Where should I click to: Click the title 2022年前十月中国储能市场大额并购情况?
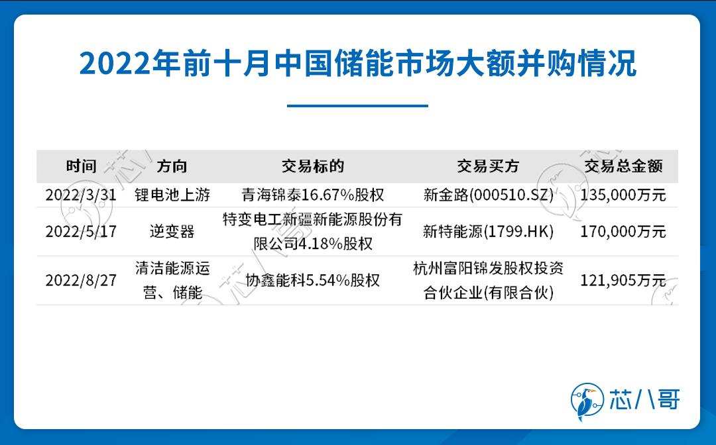(x=358, y=63)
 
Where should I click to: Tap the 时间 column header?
(x=82, y=166)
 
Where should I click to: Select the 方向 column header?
(x=172, y=166)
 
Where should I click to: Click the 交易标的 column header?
(x=313, y=166)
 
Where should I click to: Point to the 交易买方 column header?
(x=488, y=166)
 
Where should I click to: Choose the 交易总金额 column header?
(x=623, y=166)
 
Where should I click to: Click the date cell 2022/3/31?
(x=81, y=195)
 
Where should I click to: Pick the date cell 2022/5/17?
(x=81, y=232)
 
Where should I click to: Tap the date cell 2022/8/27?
(x=81, y=280)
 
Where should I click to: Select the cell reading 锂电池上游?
(x=172, y=195)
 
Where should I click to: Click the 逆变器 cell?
(x=172, y=232)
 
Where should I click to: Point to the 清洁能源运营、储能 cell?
(x=172, y=280)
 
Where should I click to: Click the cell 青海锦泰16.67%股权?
(x=313, y=195)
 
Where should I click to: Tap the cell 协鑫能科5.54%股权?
(x=313, y=280)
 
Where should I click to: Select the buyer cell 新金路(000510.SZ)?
(x=488, y=195)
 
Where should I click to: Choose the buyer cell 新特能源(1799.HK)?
(x=488, y=232)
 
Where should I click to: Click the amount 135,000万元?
(x=623, y=195)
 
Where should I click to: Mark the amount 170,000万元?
(x=623, y=232)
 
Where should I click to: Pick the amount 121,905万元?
(x=623, y=280)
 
